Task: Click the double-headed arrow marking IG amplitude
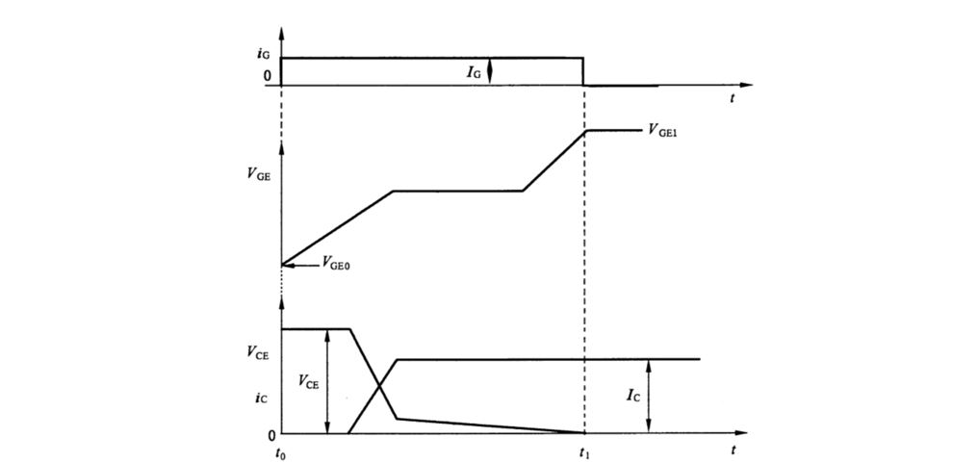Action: (x=490, y=71)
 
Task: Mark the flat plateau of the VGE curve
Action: (x=458, y=191)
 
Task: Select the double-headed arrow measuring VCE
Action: (x=328, y=381)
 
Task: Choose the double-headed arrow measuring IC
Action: (x=651, y=396)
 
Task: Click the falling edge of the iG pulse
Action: (x=584, y=71)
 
